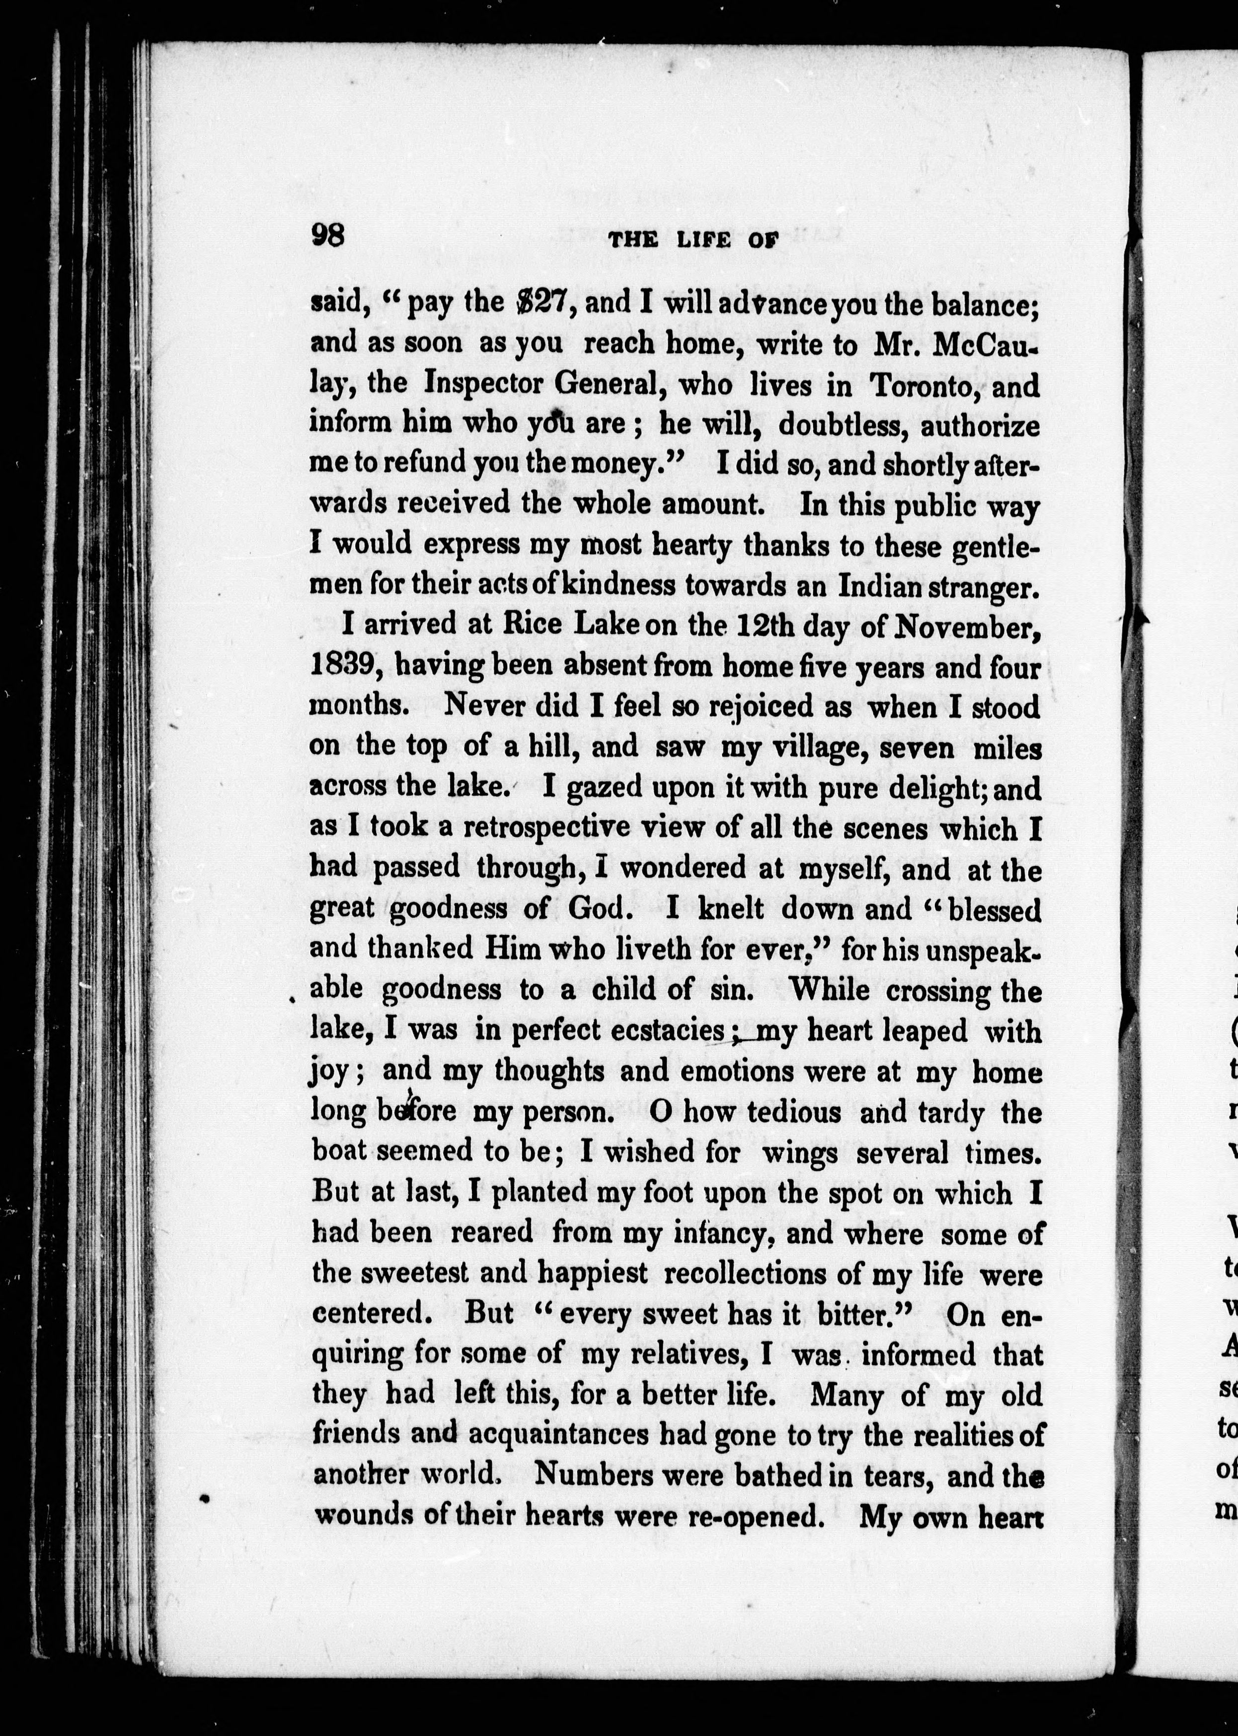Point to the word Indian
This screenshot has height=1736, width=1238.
coord(881,585)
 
